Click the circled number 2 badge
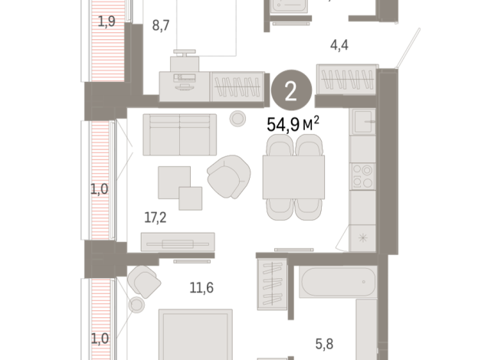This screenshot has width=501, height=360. pos(291,90)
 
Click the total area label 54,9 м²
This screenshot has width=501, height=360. pos(293,124)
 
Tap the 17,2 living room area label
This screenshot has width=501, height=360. pos(156,218)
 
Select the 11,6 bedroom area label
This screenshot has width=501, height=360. pos(201,288)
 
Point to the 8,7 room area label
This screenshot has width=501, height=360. pos(161,25)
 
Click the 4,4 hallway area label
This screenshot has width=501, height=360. pos(339,45)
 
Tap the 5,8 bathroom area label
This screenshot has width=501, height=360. pos(324,344)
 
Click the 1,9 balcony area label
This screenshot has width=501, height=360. pos(106,21)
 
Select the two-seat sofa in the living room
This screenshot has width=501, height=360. pos(179,135)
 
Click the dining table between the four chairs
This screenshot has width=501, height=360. pos(293,177)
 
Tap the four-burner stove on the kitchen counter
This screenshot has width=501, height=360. pos(362,176)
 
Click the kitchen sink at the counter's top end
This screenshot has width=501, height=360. pos(362,122)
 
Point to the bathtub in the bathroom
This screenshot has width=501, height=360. pos(338,282)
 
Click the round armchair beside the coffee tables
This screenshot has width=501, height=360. pos(229,176)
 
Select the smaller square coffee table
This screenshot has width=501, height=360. pos(191,198)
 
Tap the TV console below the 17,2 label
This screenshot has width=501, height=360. pos(178,242)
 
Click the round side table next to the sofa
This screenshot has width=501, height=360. pos(237,119)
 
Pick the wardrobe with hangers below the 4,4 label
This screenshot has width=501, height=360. pos(347,80)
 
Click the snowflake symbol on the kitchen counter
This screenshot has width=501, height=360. pos(362,237)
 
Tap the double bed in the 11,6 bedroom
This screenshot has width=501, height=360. pos(195,335)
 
